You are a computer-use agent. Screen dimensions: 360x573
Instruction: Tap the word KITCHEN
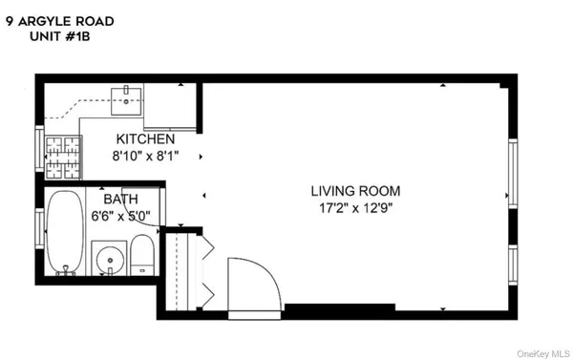click(x=145, y=138)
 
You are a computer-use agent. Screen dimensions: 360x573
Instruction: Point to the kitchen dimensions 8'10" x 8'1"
click(x=145, y=155)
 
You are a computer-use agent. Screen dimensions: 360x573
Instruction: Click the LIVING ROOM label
click(x=355, y=190)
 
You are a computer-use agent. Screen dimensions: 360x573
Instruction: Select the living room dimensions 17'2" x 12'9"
click(x=355, y=206)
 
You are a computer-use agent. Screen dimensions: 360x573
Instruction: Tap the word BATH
click(x=121, y=199)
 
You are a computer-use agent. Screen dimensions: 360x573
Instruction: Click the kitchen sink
click(x=126, y=95)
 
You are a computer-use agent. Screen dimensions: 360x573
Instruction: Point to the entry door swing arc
click(x=254, y=283)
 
